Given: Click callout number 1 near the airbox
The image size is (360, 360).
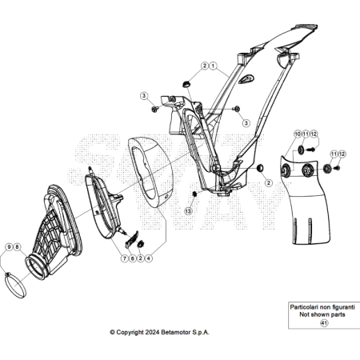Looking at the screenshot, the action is click(213, 66).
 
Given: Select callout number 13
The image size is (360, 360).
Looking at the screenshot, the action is click(188, 211).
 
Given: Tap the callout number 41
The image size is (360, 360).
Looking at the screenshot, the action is click(324, 323).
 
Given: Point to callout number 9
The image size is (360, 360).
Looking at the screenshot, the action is click(10, 247).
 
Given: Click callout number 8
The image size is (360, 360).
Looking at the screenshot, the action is click(17, 247).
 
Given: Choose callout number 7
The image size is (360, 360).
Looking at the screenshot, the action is click(125, 258).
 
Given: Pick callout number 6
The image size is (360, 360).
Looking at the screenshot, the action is click(133, 258).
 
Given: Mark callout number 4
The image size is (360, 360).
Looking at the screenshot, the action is click(149, 258).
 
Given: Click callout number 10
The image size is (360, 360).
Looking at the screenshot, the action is click(298, 134).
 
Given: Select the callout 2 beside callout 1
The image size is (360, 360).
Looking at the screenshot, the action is click(205, 66).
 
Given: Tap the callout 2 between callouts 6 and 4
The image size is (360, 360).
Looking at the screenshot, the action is click(141, 258).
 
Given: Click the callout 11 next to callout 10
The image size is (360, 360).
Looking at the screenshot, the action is click(306, 134).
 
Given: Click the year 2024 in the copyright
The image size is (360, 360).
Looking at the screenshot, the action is click(153, 332).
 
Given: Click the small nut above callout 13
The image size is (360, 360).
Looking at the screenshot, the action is click(194, 194).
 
